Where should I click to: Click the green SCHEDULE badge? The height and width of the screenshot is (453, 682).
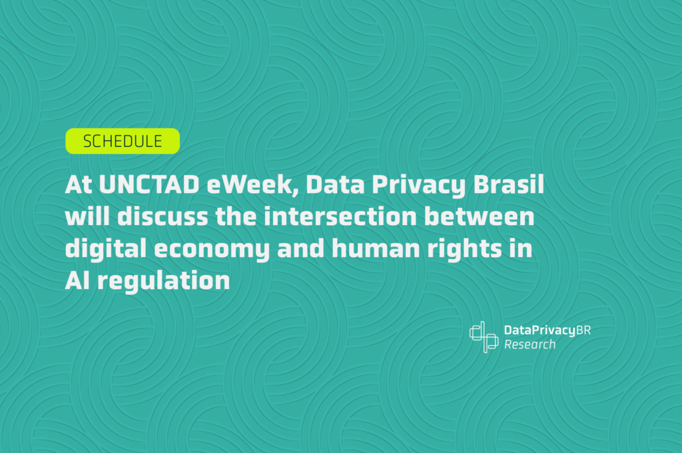click(x=123, y=141)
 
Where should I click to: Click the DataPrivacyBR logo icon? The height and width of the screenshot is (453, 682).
click(x=484, y=336)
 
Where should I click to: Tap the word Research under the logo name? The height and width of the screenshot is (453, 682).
click(x=529, y=345)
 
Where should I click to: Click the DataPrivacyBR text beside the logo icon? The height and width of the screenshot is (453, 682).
click(x=547, y=330)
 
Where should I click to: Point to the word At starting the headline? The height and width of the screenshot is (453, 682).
click(x=79, y=186)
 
